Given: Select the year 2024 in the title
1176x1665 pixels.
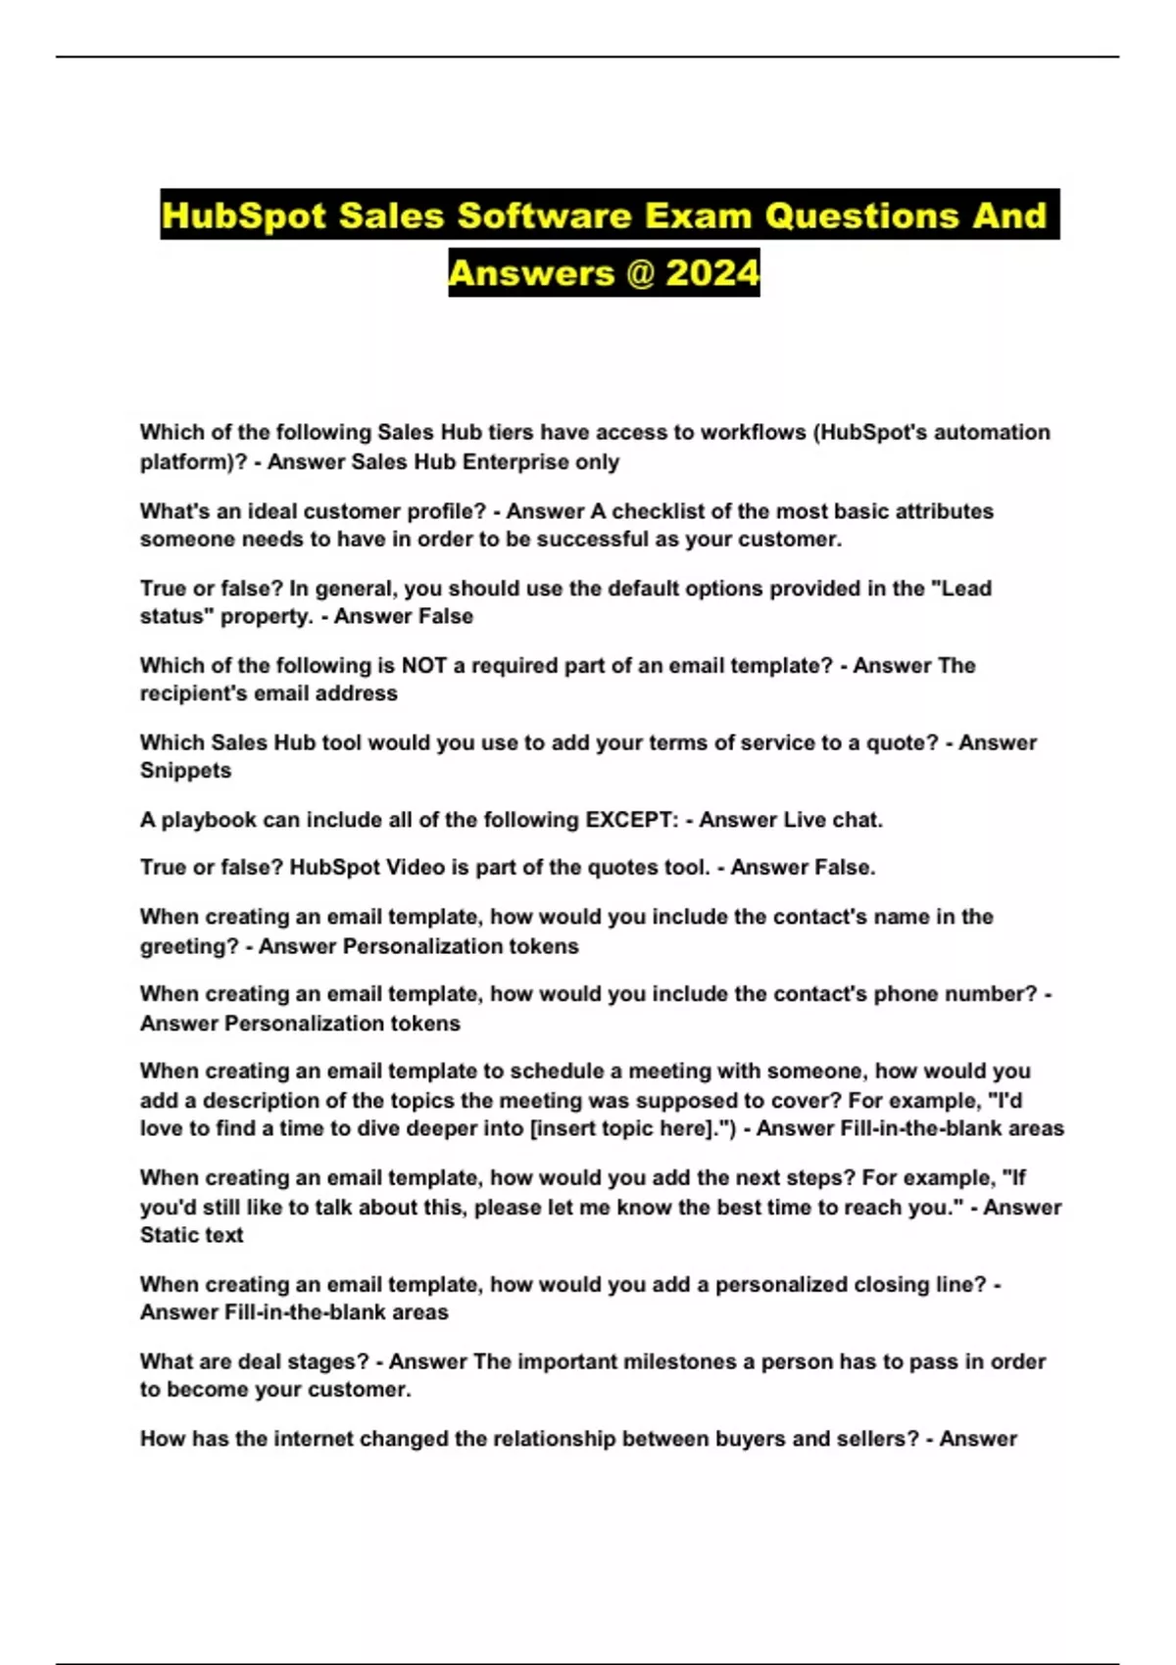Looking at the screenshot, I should [x=712, y=272].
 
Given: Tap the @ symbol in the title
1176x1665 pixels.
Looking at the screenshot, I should [x=638, y=272].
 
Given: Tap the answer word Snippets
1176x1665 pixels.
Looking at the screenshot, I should [x=186, y=770].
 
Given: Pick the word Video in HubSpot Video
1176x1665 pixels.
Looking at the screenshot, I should [x=396, y=867].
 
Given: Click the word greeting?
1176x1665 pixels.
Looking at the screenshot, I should [x=189, y=946].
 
